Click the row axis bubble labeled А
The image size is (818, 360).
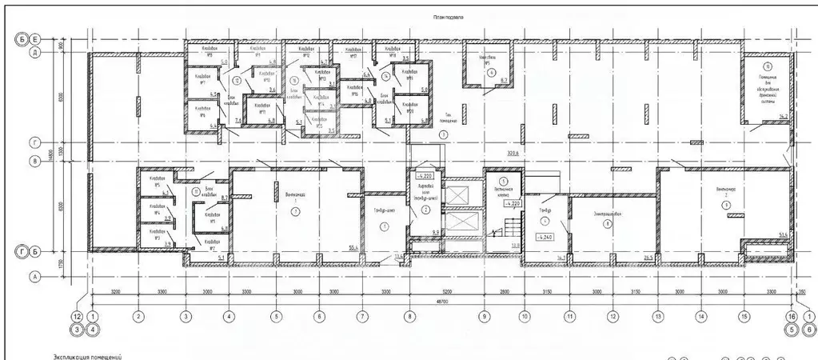35,278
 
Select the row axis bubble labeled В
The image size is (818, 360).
35,161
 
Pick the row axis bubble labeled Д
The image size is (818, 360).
35,53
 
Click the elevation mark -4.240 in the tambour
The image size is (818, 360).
546,238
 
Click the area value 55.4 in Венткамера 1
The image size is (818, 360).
352,249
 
